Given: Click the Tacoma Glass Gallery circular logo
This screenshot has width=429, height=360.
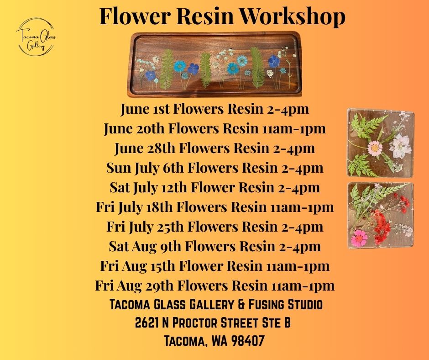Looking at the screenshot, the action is click(36, 37).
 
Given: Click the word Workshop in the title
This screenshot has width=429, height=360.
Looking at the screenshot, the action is click(293, 16).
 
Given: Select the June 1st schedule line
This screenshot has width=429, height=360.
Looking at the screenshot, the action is click(215, 109).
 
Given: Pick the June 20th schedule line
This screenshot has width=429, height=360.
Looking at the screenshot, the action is click(215, 128).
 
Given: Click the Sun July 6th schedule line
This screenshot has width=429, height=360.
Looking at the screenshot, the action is click(215, 168).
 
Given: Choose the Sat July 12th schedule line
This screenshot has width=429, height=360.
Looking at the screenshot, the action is click(215, 188).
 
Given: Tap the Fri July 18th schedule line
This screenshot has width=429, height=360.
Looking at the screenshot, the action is click(215, 207).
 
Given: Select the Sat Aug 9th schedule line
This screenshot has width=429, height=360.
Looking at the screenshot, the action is click(215, 246).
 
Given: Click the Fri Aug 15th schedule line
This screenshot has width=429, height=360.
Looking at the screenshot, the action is click(215, 266).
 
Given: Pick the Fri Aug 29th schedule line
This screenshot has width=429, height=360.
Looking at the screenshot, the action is click(215, 286).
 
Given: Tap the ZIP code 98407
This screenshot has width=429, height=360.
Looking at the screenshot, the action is click(248, 341).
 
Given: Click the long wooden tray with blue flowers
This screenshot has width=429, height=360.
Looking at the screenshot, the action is click(215, 64).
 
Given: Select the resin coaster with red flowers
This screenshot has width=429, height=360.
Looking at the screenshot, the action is click(381, 215).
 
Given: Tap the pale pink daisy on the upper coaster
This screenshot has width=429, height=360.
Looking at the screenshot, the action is click(375, 148).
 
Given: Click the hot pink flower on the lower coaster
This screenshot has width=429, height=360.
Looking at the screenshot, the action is click(360, 238).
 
